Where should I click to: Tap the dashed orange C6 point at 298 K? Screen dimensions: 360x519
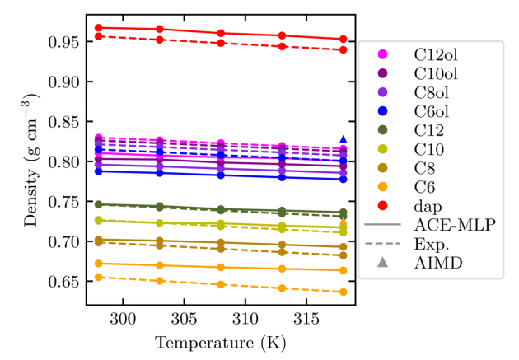click(x=99, y=277)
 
